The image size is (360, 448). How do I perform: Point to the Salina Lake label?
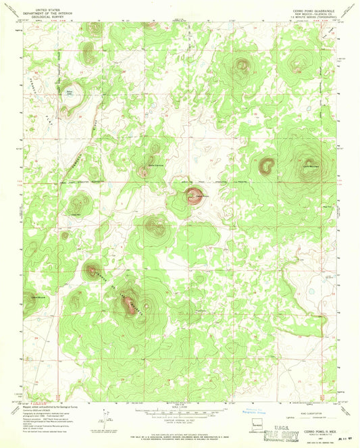click(68, 93)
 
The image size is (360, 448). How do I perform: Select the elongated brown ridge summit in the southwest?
click(128, 305)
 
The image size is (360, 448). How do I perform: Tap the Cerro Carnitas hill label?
click(156, 166)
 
